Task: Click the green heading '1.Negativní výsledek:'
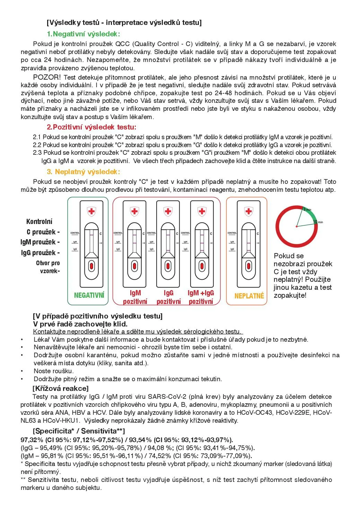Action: (84, 34)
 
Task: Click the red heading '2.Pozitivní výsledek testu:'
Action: (91, 127)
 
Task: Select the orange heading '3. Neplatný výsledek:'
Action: (84, 172)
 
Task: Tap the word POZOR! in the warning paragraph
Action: (47, 77)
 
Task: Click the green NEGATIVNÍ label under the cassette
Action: (89, 295)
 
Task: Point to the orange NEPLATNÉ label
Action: (249, 296)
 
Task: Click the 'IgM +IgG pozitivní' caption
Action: (201, 297)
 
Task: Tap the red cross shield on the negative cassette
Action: (91, 211)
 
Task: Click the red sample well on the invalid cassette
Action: (248, 266)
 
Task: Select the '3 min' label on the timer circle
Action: (307, 209)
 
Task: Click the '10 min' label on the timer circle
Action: (318, 222)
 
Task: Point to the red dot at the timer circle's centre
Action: (297, 226)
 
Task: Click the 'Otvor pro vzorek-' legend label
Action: (48, 267)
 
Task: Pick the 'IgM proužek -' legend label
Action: (40, 242)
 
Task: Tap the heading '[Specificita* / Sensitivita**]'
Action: (79, 431)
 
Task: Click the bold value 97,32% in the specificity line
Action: (32, 440)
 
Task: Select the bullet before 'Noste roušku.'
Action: (22, 371)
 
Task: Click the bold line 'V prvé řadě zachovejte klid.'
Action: (80, 324)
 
